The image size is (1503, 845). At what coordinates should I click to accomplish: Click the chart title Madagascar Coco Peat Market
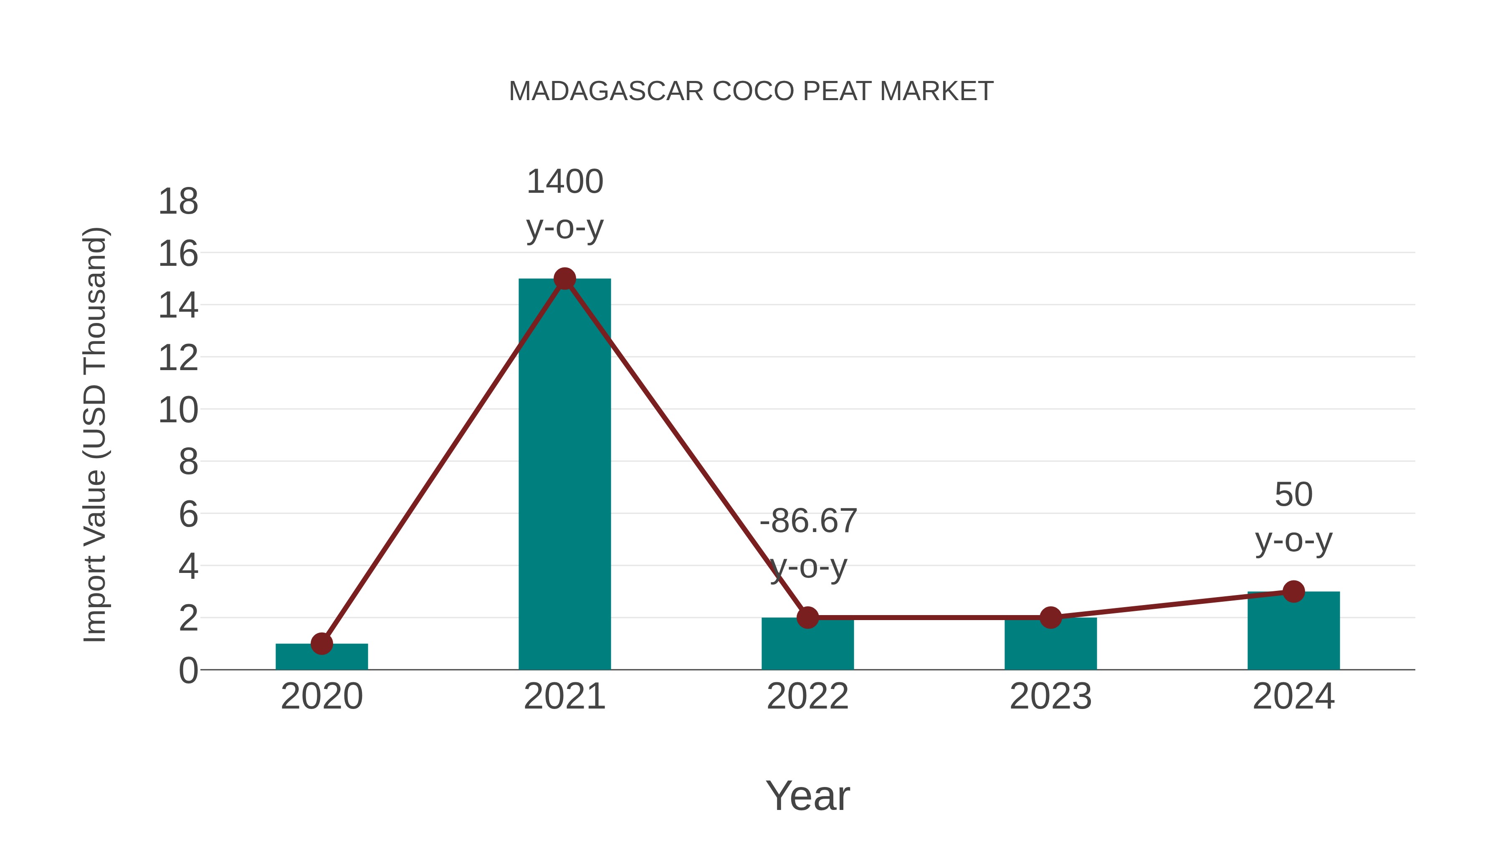751,91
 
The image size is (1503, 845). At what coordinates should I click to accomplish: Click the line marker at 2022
807,617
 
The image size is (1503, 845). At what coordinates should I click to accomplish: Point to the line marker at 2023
1051,617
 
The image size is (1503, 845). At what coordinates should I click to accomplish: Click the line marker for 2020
321,644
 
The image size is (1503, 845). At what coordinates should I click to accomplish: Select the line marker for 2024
1293,591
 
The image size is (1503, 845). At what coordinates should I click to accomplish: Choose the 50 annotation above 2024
1293,495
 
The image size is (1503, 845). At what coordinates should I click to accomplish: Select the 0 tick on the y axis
188,671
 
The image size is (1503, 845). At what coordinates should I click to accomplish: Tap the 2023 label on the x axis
1051,696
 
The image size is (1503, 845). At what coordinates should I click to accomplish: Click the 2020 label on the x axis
321,696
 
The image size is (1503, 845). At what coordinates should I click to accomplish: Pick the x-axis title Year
807,795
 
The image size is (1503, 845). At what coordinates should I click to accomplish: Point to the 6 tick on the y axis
188,515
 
